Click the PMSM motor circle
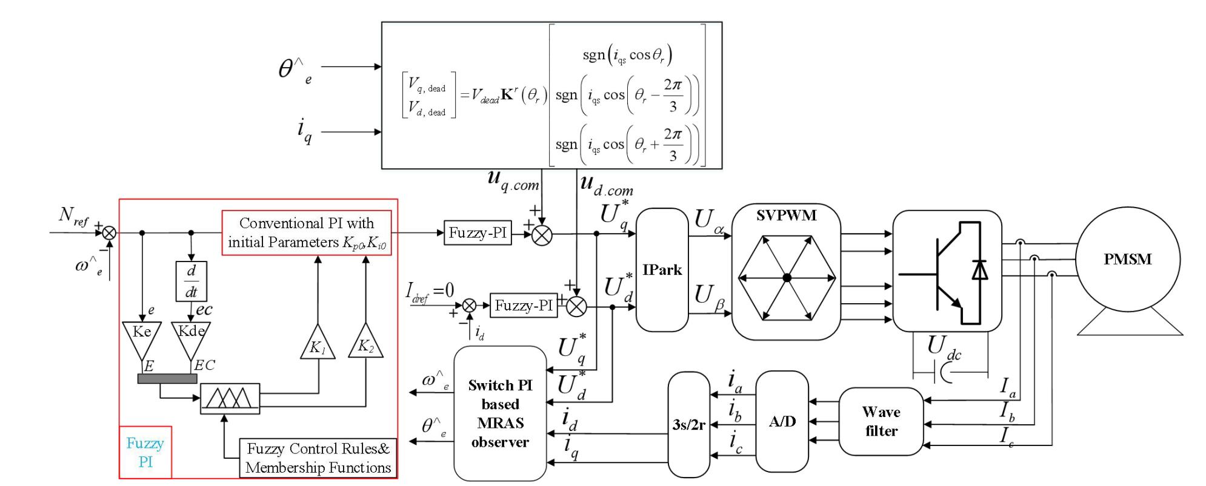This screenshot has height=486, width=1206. (x=1128, y=260)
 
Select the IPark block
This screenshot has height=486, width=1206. (x=662, y=270)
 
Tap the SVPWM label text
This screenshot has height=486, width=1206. (x=786, y=215)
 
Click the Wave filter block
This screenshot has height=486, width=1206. (x=881, y=421)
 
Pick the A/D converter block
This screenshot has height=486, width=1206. (x=782, y=421)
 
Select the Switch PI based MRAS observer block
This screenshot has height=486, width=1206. (x=500, y=413)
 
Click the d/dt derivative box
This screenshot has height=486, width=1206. (x=191, y=281)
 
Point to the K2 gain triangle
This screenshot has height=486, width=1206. (x=365, y=344)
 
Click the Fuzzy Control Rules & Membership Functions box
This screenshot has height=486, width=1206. (x=318, y=458)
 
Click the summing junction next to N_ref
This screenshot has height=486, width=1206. (x=109, y=232)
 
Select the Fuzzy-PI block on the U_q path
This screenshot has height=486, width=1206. (x=478, y=233)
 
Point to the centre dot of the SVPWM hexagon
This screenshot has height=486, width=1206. (x=787, y=278)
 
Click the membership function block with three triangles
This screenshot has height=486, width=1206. (x=230, y=398)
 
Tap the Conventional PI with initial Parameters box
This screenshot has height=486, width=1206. (x=307, y=233)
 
